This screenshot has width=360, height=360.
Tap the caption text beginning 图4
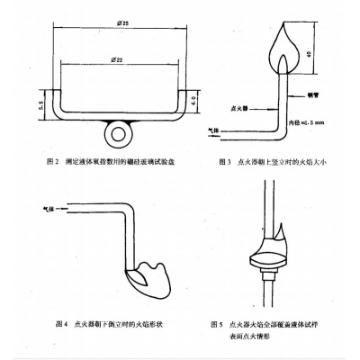pos(98,322)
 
